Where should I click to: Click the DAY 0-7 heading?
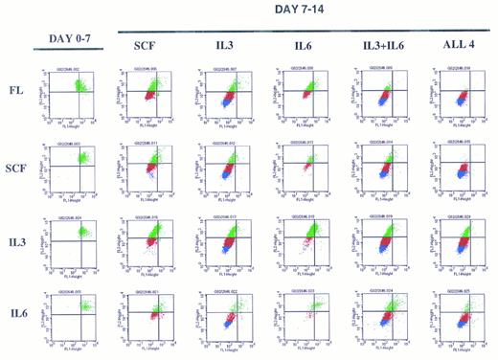point(73,39)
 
